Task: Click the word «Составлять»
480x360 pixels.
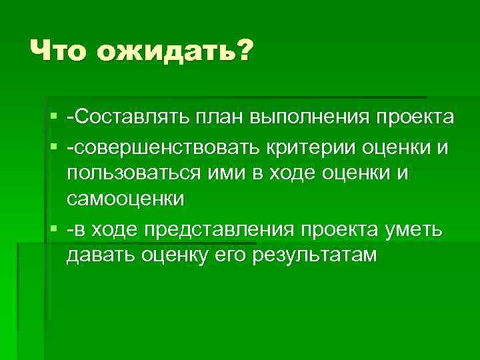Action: pos(127,118)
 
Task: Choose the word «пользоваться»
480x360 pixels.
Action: pos(133,173)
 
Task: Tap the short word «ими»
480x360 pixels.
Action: pos(231,173)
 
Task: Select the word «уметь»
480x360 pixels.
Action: pos(413,230)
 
